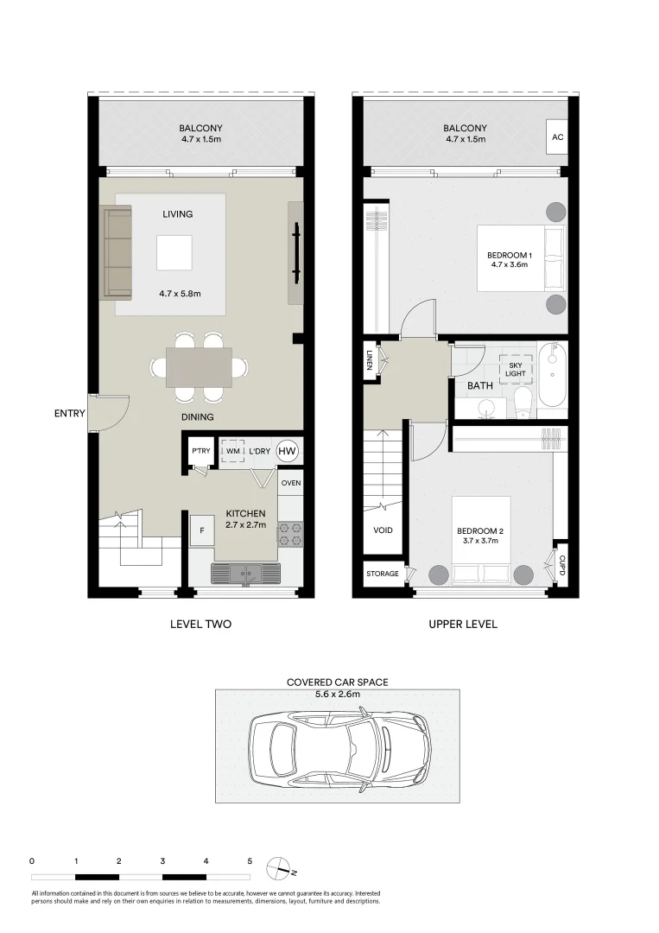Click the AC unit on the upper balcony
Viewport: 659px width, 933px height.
(557, 136)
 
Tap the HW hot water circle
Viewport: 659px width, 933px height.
(288, 451)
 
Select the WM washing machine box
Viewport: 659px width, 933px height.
(233, 451)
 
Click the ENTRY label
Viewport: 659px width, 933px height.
(70, 413)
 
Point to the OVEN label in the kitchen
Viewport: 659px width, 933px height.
(291, 483)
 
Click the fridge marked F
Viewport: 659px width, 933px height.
(202, 530)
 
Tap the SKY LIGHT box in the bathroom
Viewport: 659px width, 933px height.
(515, 370)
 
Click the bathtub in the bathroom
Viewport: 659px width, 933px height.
(553, 375)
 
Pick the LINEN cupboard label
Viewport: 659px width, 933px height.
(370, 359)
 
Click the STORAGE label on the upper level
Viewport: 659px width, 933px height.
(383, 574)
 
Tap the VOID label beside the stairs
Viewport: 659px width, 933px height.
(383, 530)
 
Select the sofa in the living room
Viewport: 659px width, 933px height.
(117, 251)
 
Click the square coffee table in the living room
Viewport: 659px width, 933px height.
(174, 253)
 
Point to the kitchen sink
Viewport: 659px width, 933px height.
(245, 573)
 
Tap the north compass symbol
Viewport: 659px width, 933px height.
(282, 868)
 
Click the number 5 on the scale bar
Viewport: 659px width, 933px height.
(250, 861)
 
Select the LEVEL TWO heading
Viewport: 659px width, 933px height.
(200, 625)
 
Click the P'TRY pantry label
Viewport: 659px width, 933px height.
(201, 451)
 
